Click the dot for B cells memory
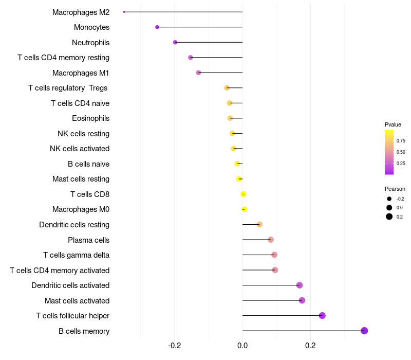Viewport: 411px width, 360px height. pos(364,331)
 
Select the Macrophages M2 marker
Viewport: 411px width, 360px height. pos(124,12)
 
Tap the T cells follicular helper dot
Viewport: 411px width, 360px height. pos(322,316)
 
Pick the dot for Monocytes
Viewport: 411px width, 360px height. pos(157,27)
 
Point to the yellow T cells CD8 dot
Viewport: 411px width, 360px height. pos(244,194)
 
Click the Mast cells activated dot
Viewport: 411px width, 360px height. pos(302,300)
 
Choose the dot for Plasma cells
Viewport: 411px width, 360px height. pos(271,240)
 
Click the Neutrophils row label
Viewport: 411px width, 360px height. pos(90,42)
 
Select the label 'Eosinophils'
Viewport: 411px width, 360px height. pos(90,118)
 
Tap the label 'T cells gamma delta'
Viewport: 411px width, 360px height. pos(76,255)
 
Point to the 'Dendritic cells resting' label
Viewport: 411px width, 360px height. pos(74,225)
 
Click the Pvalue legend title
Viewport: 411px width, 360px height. pos(393,124)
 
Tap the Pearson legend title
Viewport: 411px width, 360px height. pos(395,189)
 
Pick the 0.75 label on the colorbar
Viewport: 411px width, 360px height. pos(401,141)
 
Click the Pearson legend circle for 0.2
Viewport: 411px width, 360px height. pos(389,217)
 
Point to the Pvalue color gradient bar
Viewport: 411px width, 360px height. pos(389,152)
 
